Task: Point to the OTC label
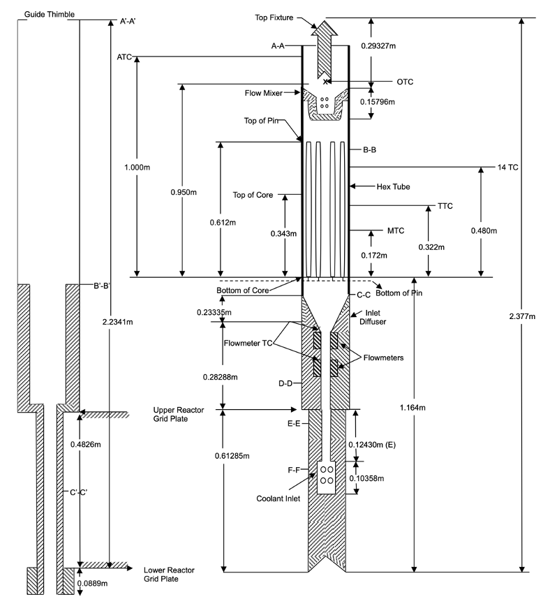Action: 405,82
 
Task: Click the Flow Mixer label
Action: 262,92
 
